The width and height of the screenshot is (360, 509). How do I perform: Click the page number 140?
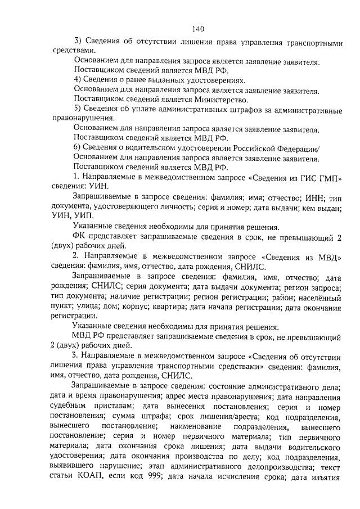point(197,30)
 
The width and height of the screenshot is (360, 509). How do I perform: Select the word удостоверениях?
point(210,80)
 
